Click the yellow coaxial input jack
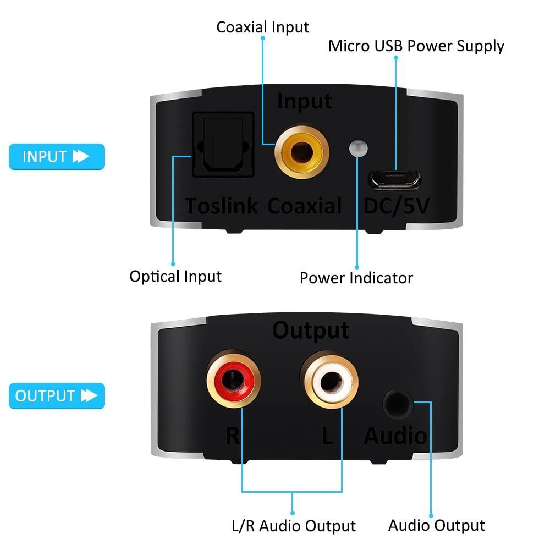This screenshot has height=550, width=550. (x=301, y=152)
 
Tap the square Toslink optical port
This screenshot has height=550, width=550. (x=223, y=145)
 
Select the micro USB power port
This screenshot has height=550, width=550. (x=395, y=180)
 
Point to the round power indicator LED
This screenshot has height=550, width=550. (x=359, y=148)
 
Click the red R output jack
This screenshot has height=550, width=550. (x=233, y=379)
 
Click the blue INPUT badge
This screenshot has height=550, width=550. (x=57, y=156)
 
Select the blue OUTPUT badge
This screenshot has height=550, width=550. (x=57, y=396)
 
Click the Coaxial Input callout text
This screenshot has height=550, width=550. (x=263, y=28)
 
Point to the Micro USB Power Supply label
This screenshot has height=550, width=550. (x=416, y=46)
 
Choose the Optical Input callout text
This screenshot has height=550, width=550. (x=176, y=277)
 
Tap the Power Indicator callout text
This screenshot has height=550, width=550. (x=356, y=278)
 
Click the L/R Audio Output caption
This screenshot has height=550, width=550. (x=294, y=526)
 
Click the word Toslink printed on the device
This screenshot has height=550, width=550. (x=221, y=206)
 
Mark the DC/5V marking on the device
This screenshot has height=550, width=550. (x=397, y=206)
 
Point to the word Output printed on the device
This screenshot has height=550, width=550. (x=311, y=331)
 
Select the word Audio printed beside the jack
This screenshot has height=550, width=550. (x=395, y=436)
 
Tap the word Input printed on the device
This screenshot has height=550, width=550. (x=305, y=102)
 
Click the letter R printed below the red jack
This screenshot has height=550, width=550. (x=233, y=436)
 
